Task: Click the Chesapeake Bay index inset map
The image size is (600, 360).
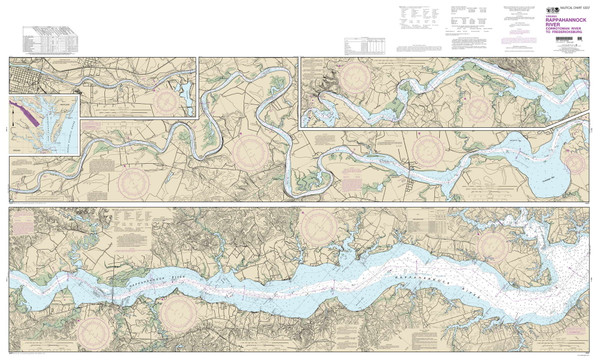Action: tap(44, 124)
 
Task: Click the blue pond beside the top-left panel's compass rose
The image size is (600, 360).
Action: tap(185, 96)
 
